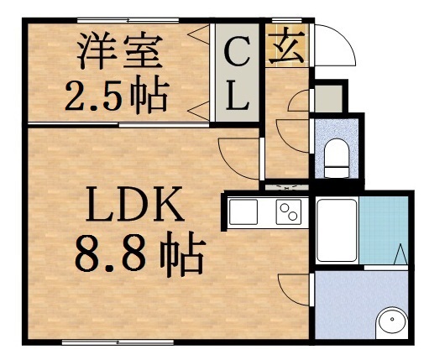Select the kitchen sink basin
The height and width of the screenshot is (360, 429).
tap(245, 212)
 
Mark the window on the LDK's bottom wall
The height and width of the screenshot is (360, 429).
tap(118, 342)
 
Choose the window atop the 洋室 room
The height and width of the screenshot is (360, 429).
tap(126, 18)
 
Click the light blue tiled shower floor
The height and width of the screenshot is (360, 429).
tap(385, 231)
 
